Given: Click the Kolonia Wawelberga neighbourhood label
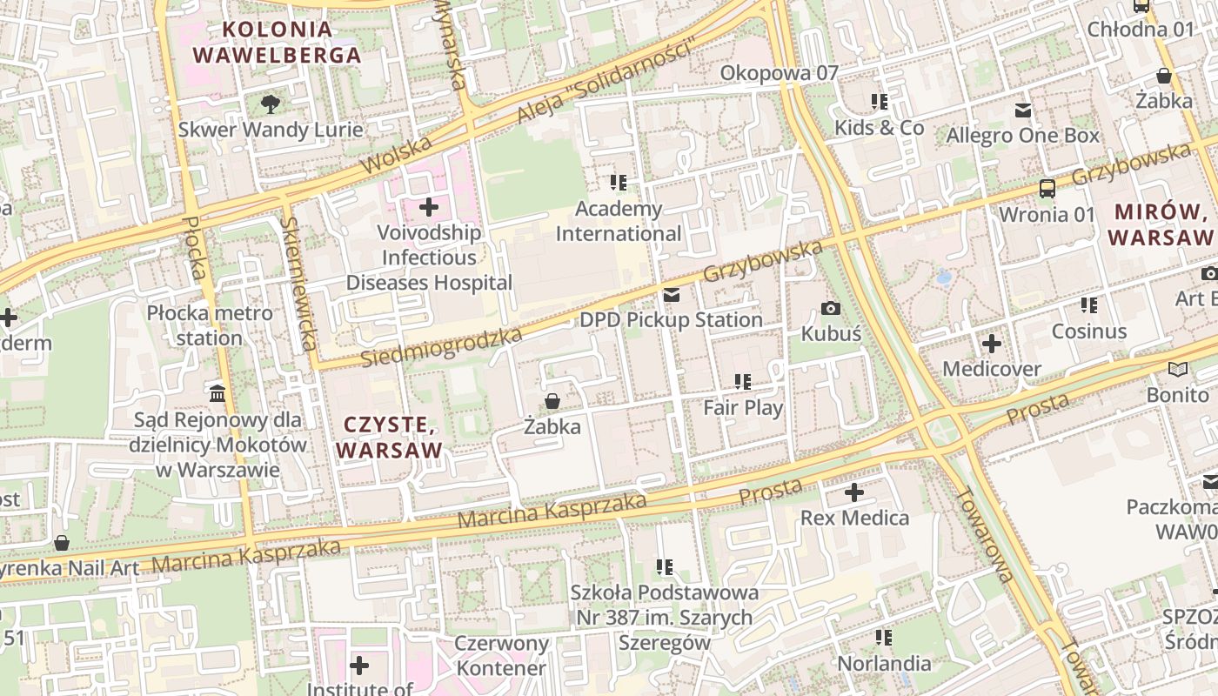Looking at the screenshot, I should (277, 42).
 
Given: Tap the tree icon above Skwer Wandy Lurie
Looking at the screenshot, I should (271, 104).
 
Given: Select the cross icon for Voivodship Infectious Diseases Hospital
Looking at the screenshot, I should (429, 207).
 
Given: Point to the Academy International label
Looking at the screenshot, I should (619, 221).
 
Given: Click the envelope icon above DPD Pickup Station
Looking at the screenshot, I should (671, 296).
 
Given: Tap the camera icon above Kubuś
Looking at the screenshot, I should (831, 308).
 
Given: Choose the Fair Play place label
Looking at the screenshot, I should (743, 407).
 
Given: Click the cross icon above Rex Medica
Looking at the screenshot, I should (854, 492).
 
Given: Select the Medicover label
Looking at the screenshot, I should (992, 369).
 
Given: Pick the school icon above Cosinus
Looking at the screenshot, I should (1088, 305).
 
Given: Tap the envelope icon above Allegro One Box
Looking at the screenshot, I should (1023, 110).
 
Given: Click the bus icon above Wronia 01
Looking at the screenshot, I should (1047, 188).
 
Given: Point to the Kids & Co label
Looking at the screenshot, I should (879, 128).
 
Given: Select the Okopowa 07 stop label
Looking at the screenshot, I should (779, 73).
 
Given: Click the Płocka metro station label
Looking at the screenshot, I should (209, 325).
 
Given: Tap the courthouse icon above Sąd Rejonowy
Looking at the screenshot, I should (217, 393).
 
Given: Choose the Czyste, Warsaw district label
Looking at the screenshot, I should (389, 437).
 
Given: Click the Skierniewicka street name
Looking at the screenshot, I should (298, 283).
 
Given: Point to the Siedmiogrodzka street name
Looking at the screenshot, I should (441, 346).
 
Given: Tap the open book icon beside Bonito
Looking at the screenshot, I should (1178, 369).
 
